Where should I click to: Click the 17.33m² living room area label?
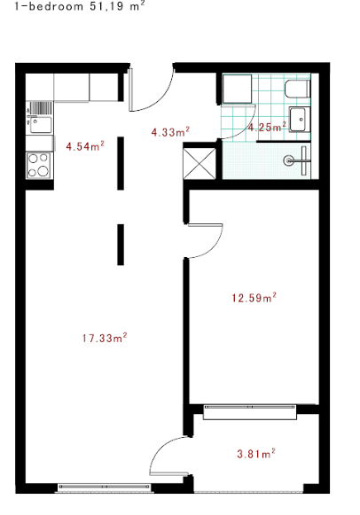(x=105, y=338)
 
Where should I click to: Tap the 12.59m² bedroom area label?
(x=254, y=297)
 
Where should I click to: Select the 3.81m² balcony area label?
(x=256, y=453)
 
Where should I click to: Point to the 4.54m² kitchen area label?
(x=85, y=145)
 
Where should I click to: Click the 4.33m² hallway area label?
(x=170, y=132)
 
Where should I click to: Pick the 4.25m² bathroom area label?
(x=267, y=127)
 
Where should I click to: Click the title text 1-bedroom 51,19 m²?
(x=80, y=6)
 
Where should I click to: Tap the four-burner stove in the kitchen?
(x=39, y=165)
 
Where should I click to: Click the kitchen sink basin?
(x=41, y=125)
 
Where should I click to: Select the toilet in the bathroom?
(x=297, y=89)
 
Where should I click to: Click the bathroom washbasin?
(x=300, y=120)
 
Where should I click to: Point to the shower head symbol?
(x=288, y=160)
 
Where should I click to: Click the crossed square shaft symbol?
(x=200, y=164)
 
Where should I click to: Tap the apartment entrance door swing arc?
(x=162, y=101)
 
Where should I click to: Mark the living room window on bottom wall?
(x=104, y=487)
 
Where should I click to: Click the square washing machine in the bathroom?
(x=237, y=89)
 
